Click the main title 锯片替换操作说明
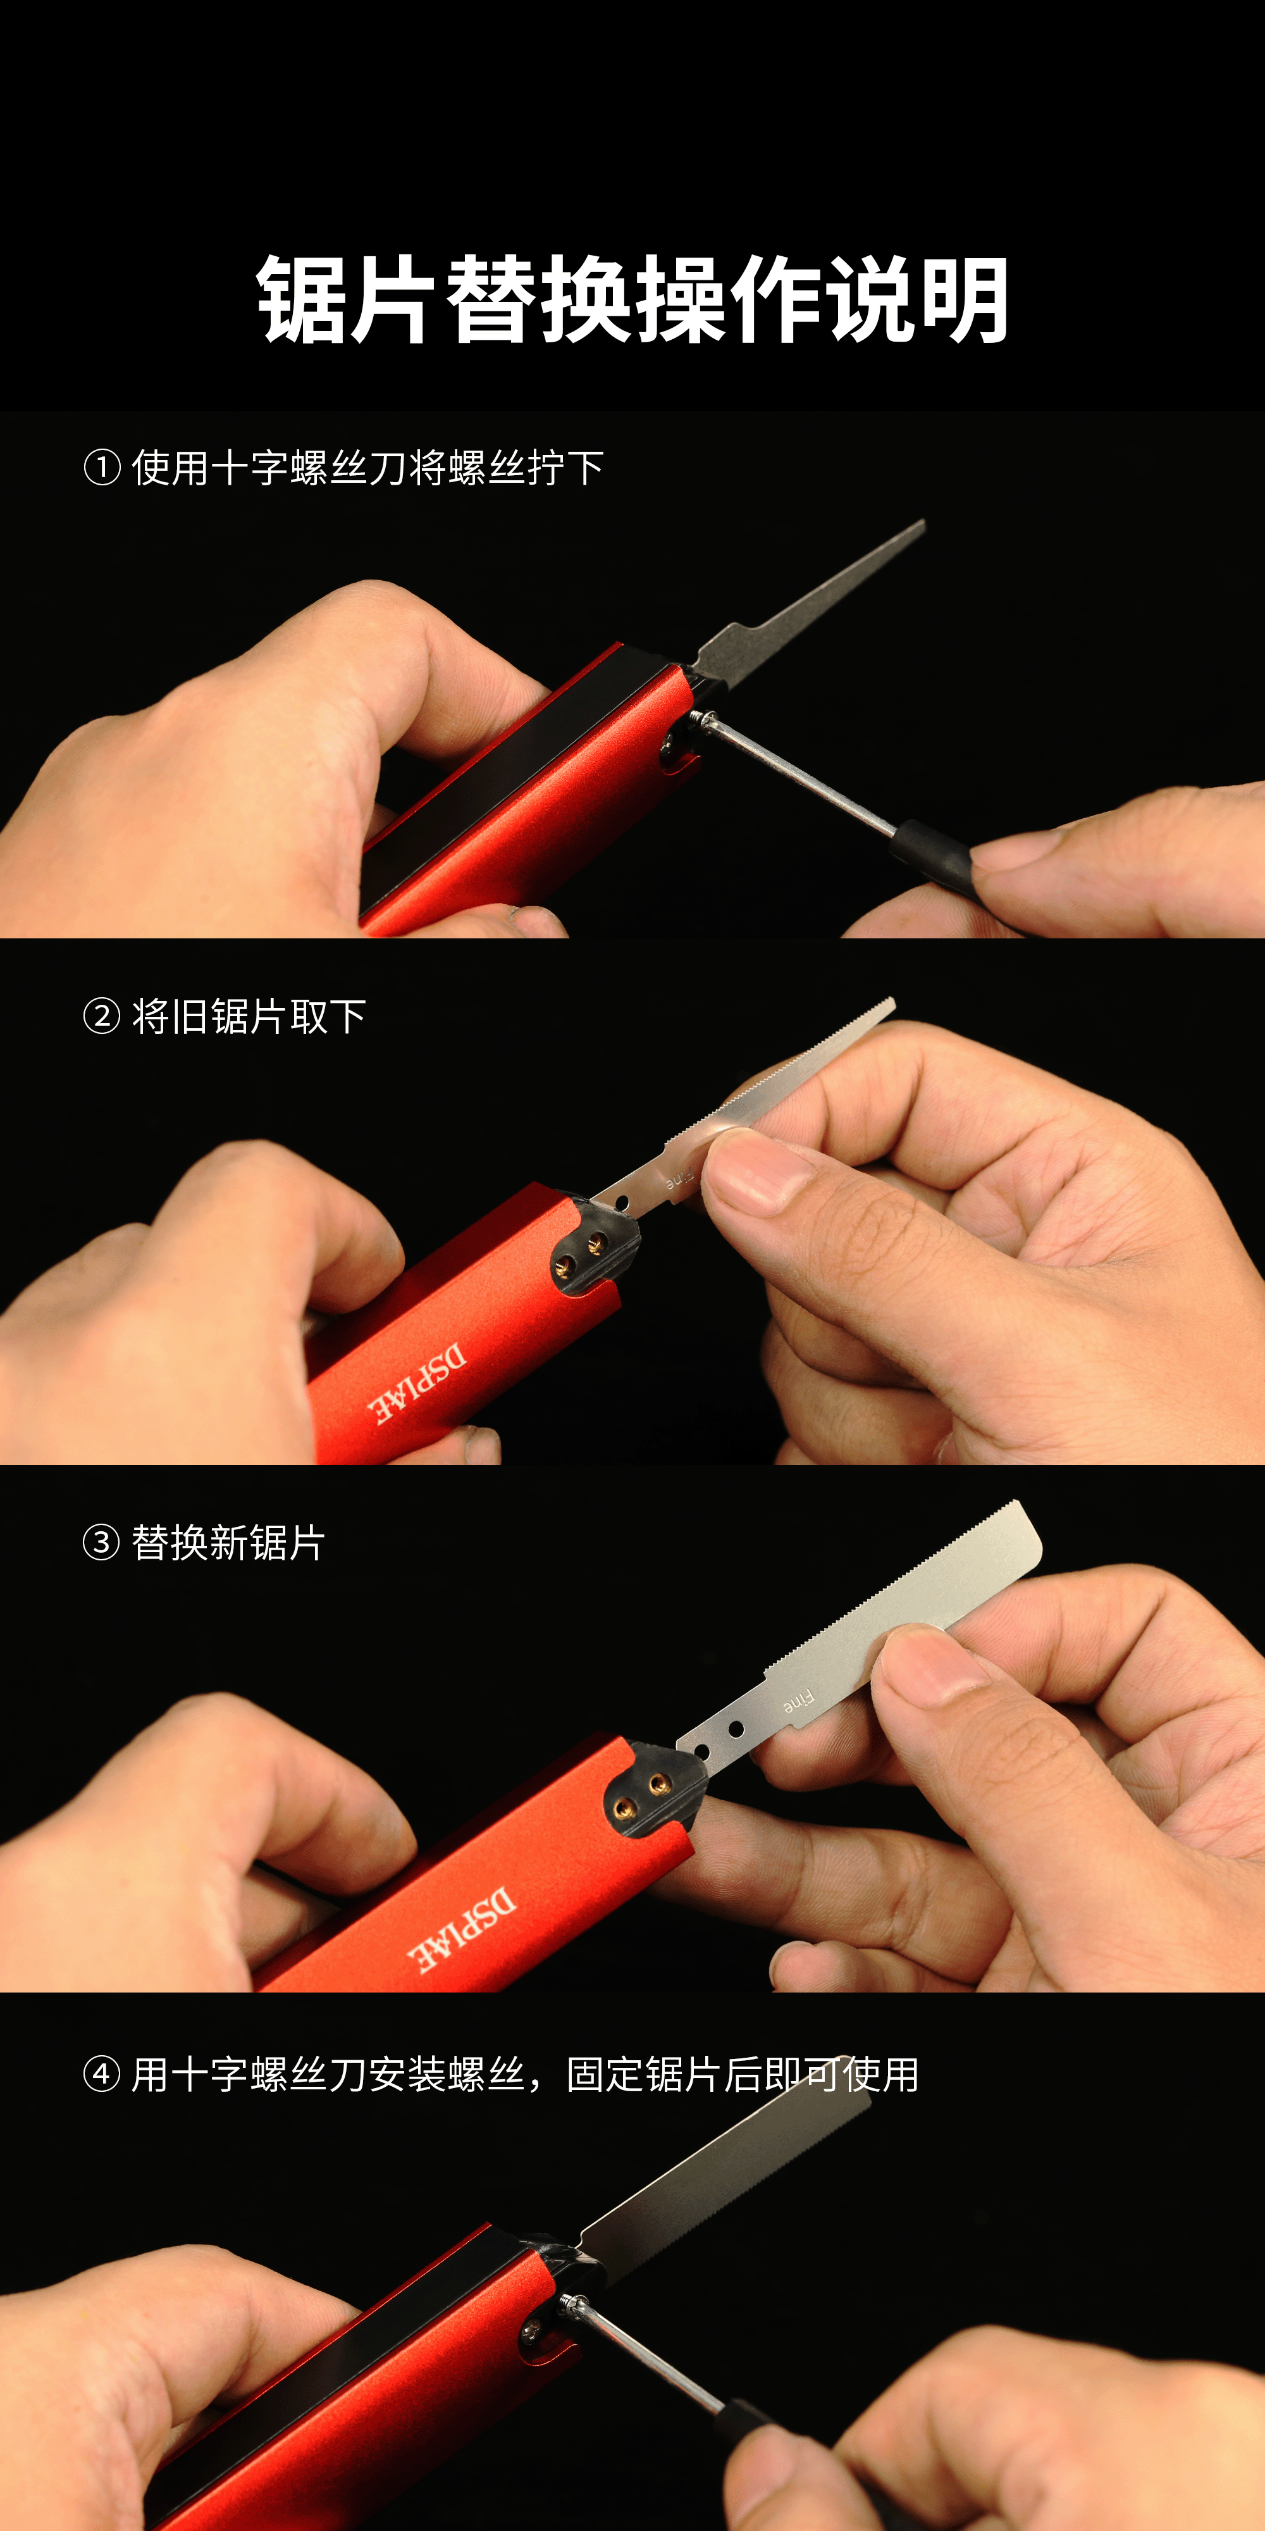point(632,300)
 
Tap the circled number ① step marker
point(102,468)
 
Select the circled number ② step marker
point(102,1016)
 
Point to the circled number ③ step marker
point(102,1543)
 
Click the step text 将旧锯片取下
point(249,1016)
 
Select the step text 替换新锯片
point(228,1543)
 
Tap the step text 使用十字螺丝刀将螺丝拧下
point(367,468)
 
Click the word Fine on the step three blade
point(798,1701)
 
